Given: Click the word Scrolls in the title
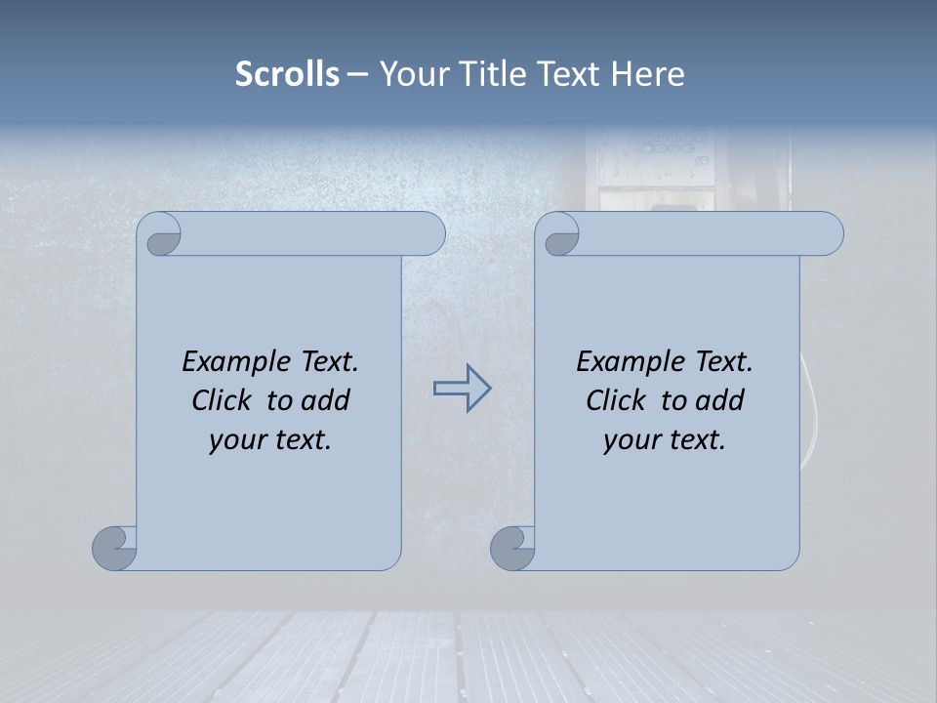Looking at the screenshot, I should coord(287,74).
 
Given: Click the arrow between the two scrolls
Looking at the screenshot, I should coord(462,388).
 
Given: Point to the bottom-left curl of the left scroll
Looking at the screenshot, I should coord(115,548).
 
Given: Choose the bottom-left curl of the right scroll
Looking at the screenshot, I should coord(512,548).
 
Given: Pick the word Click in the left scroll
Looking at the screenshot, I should coord(224,400).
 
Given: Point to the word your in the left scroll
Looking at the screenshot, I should coord(236,440).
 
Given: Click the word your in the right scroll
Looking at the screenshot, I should coord(631,440).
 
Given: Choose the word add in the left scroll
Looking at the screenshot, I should coord(325,400).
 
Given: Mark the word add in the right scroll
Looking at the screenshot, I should coord(719,400).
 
